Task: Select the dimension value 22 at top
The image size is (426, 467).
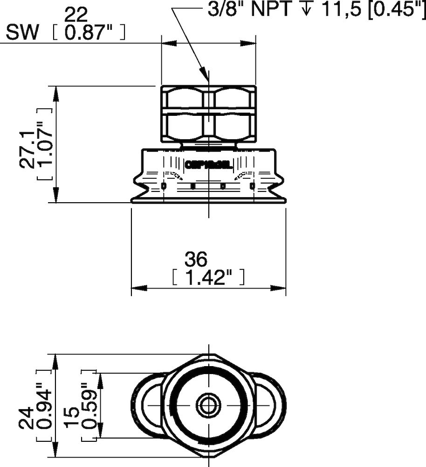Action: [76, 15]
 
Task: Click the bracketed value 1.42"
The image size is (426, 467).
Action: [208, 278]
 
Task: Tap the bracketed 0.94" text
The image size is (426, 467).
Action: [44, 405]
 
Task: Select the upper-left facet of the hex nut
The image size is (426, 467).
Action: [185, 98]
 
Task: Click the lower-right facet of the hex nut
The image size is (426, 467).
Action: [233, 126]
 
